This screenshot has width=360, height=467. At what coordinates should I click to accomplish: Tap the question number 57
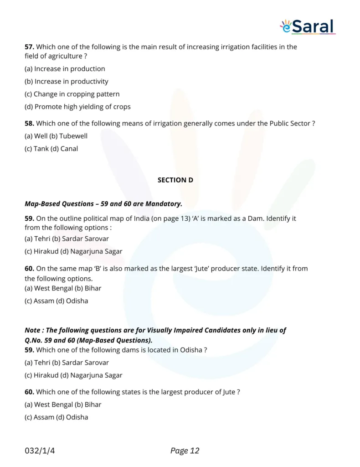29,47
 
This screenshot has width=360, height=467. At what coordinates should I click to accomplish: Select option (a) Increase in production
65,69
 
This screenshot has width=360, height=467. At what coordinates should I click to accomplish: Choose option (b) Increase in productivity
67,82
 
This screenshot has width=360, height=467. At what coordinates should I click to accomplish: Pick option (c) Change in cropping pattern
72,94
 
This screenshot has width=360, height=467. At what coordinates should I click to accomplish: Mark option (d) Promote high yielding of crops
77,107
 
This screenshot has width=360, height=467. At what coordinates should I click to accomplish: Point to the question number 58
29,123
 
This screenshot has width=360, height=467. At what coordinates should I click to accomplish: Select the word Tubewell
73,136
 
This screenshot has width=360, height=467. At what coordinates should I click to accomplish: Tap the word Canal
69,149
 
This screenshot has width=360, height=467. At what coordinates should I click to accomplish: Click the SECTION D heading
175,180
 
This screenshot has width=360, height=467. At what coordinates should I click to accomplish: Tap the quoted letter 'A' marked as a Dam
195,218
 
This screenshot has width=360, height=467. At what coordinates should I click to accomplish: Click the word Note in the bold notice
32,330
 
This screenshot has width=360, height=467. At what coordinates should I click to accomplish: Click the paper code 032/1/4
40,451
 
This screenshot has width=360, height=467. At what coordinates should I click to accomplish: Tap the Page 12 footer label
185,451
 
